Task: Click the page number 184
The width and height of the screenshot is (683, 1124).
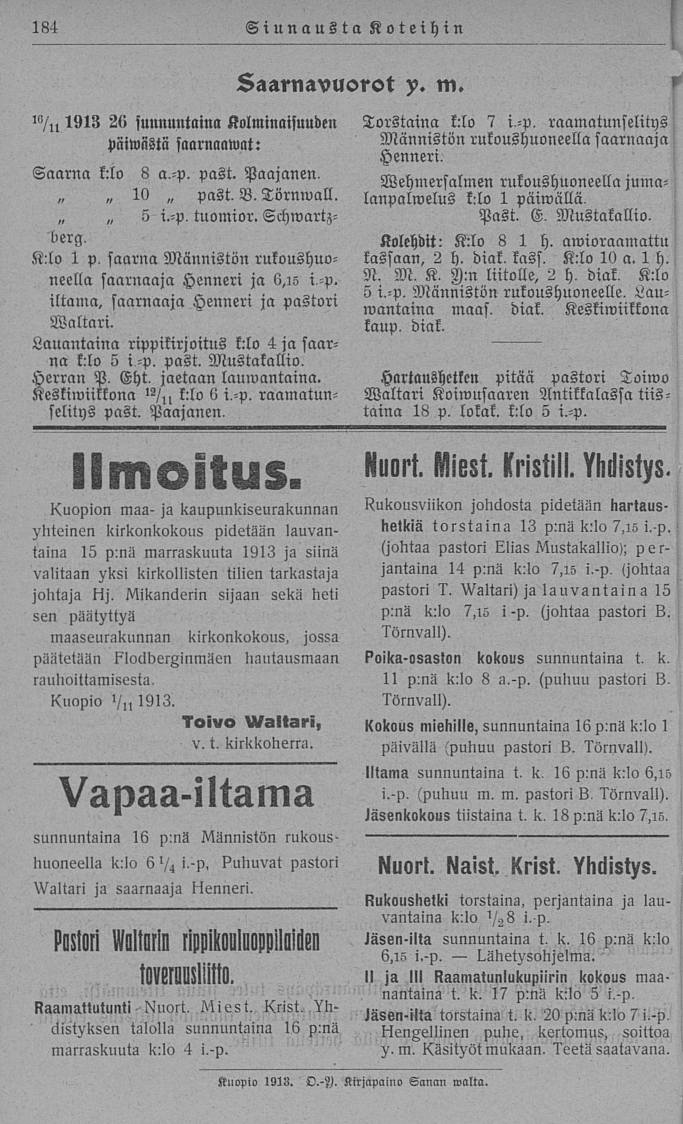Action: point(45,28)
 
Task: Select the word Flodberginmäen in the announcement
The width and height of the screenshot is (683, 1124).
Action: point(173,659)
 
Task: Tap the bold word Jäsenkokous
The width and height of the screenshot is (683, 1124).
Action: point(408,816)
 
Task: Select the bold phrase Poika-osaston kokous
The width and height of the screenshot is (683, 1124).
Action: point(444,659)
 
